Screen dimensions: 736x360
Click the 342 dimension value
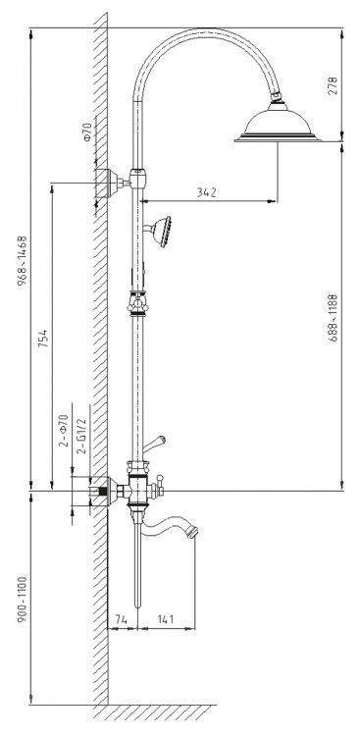[205, 193]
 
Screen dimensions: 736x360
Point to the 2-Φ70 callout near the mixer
[64, 433]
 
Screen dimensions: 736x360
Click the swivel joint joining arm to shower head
[278, 96]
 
